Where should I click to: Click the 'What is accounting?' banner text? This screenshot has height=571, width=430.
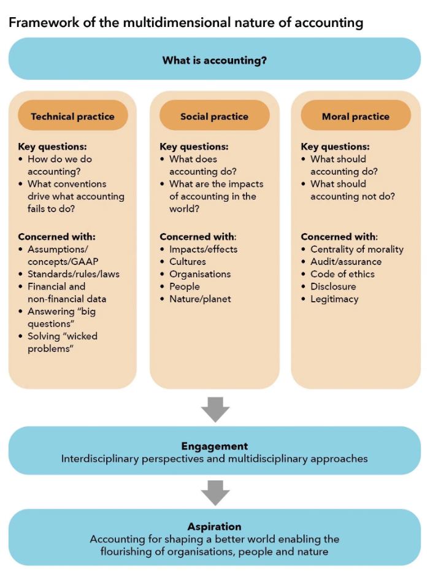pyautogui.click(x=215, y=60)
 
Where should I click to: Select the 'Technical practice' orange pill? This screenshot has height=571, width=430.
pyautogui.click(x=73, y=115)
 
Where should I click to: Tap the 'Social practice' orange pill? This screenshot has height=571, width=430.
pyautogui.click(x=215, y=115)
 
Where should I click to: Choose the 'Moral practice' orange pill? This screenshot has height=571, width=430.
pyautogui.click(x=356, y=115)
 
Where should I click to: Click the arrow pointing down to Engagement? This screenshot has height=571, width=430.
pyautogui.click(x=215, y=410)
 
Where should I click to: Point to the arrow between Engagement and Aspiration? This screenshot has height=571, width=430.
pyautogui.click(x=215, y=492)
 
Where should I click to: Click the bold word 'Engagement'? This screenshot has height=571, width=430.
pyautogui.click(x=215, y=446)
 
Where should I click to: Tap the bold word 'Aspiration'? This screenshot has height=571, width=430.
pyautogui.click(x=215, y=527)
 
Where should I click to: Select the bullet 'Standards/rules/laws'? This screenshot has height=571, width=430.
pyautogui.click(x=74, y=274)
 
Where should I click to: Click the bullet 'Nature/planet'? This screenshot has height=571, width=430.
pyautogui.click(x=200, y=299)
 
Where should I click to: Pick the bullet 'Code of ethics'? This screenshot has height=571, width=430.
pyautogui.click(x=343, y=274)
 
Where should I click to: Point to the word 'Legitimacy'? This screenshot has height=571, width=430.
pyautogui.click(x=334, y=299)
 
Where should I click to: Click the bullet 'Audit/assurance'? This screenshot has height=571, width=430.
pyautogui.click(x=346, y=261)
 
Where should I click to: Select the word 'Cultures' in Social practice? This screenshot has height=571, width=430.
pyautogui.click(x=188, y=261)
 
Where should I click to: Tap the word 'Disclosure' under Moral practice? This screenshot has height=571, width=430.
pyautogui.click(x=333, y=286)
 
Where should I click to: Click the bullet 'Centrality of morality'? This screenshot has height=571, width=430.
pyautogui.click(x=357, y=249)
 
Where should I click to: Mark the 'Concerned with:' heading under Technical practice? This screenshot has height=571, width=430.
pyautogui.click(x=57, y=237)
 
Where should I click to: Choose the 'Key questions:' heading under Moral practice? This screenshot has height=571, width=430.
pyautogui.click(x=336, y=147)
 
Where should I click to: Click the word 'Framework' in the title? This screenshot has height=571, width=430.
pyautogui.click(x=44, y=23)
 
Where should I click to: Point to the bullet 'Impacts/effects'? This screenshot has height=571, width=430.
pyautogui.click(x=204, y=249)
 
